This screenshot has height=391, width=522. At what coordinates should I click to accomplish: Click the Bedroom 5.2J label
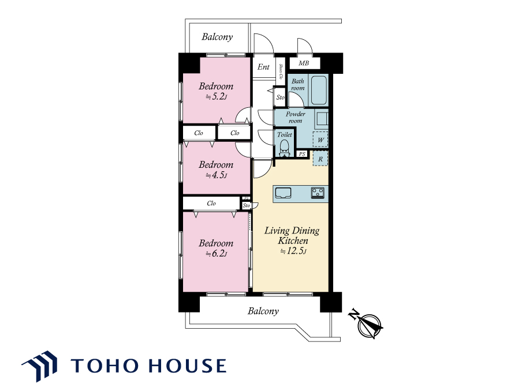pyautogui.click(x=216, y=91)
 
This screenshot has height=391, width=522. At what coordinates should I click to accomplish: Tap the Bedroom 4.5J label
pyautogui.click(x=216, y=170)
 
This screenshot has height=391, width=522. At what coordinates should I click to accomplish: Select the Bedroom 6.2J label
pyautogui.click(x=216, y=248)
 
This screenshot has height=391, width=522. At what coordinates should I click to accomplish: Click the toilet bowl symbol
pyautogui.click(x=284, y=148)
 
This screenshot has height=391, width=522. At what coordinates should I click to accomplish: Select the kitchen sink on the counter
pyautogui.click(x=284, y=193)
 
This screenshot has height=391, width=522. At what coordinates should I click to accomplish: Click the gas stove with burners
pyautogui.click(x=318, y=193)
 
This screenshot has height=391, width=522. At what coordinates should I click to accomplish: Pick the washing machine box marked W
pyautogui.click(x=320, y=140)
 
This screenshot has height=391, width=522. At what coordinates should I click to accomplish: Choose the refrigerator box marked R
pyautogui.click(x=320, y=159)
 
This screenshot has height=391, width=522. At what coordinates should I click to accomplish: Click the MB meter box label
pyautogui.click(x=304, y=63)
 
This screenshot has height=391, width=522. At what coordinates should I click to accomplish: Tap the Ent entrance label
pyautogui.click(x=263, y=67)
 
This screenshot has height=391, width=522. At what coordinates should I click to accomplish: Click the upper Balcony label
pyautogui.click(x=217, y=36)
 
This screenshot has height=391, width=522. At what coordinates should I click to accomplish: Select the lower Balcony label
pyautogui.click(x=263, y=311)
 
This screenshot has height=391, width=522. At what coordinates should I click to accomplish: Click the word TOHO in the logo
pyautogui.click(x=105, y=366)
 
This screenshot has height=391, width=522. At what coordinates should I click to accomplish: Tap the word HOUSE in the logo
pyautogui.click(x=187, y=366)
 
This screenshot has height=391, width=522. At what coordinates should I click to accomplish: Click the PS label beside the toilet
pyautogui.click(x=302, y=154)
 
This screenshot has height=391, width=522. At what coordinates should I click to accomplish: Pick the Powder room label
pyautogui.click(x=295, y=117)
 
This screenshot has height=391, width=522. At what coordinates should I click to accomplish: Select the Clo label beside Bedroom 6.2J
pyautogui.click(x=211, y=203)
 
